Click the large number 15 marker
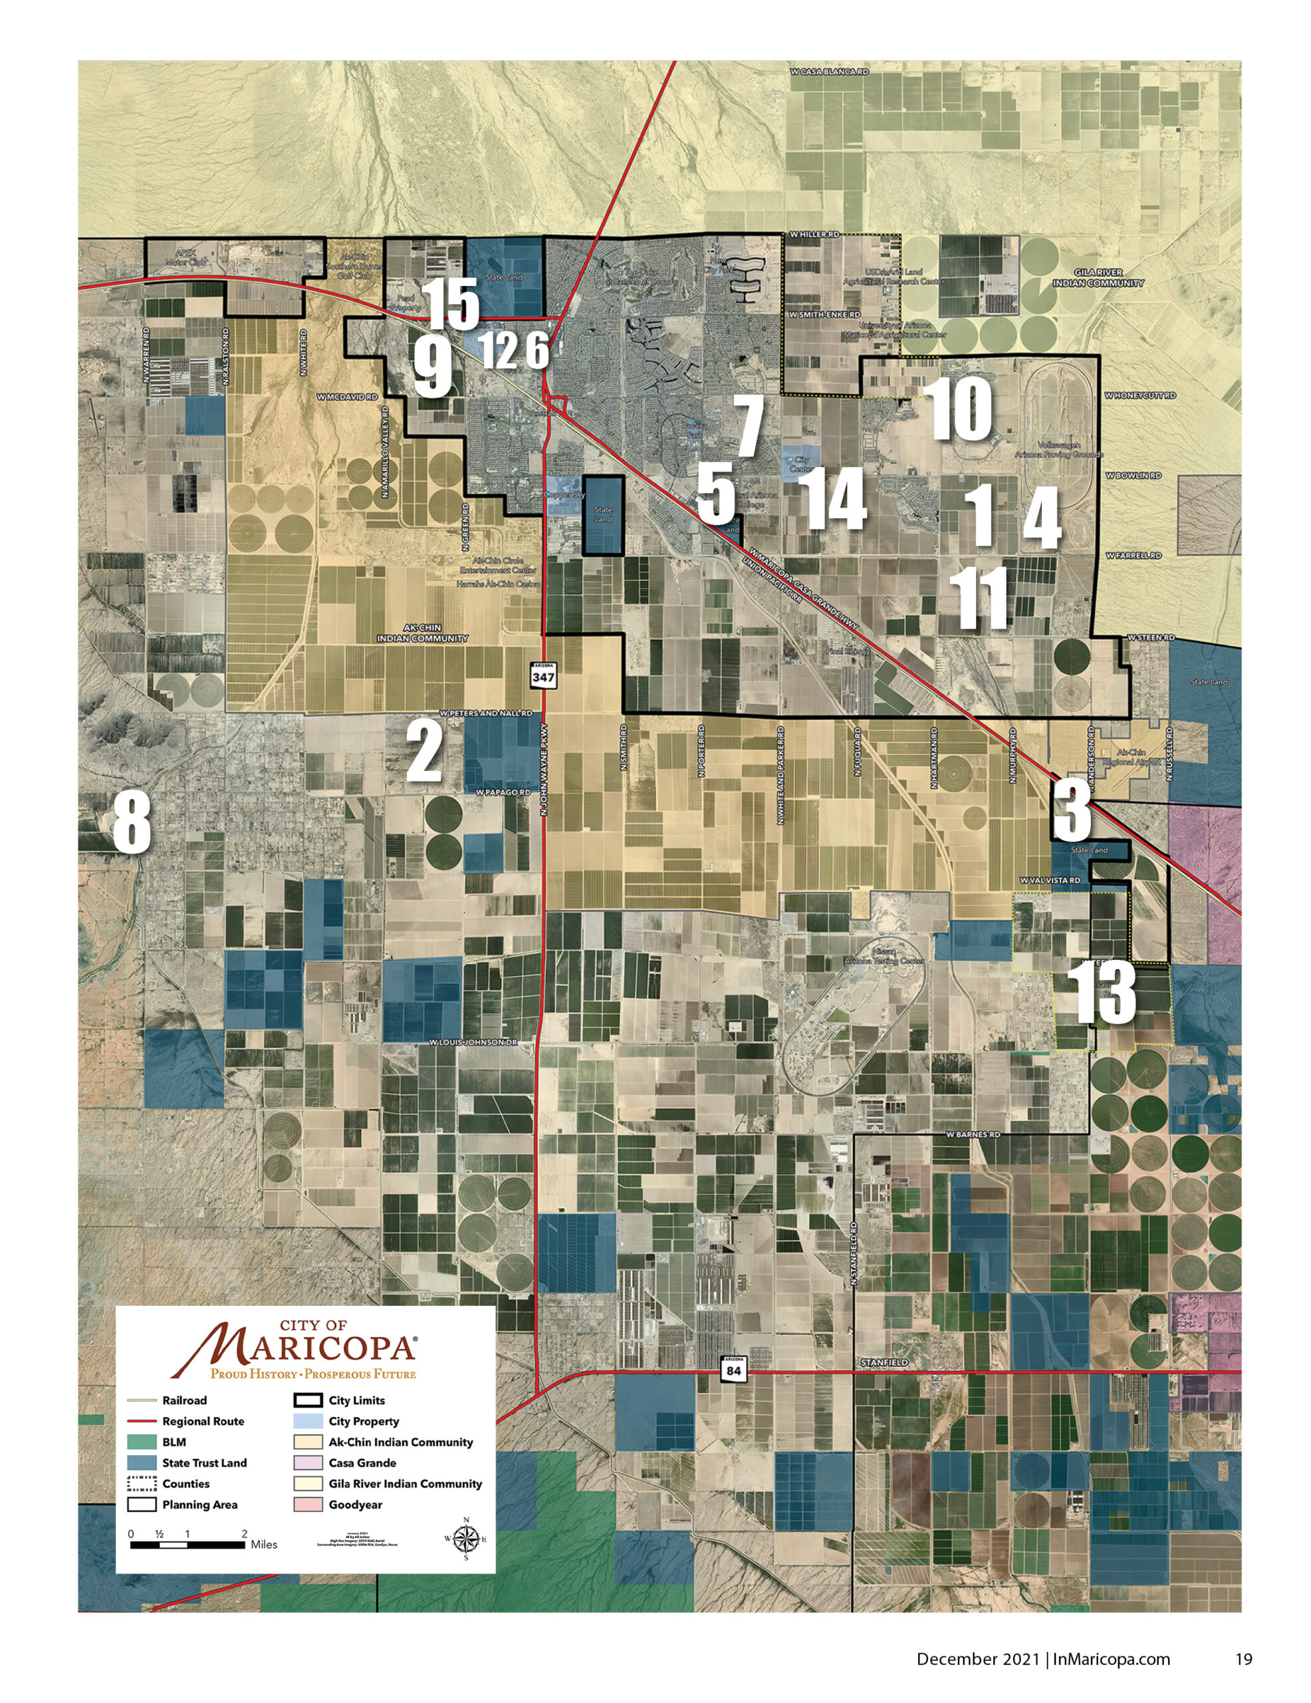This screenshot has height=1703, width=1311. (x=451, y=304)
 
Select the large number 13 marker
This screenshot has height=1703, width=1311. (x=1105, y=993)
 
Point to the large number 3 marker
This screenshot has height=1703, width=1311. (x=1072, y=811)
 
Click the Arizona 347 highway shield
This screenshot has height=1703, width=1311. (x=543, y=675)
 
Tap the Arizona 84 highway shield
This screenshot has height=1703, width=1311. (x=733, y=1369)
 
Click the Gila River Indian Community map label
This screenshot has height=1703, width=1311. (x=1098, y=277)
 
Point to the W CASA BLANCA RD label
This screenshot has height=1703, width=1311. (x=828, y=72)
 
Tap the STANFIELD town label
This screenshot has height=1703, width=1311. (x=884, y=1362)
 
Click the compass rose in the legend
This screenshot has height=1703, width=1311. (x=466, y=1539)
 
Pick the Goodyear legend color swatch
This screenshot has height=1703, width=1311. (x=308, y=1505)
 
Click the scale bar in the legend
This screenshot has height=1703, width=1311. (x=187, y=1545)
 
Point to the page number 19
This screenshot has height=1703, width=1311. (x=1243, y=1659)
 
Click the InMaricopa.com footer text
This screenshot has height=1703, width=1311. (x=1111, y=1659)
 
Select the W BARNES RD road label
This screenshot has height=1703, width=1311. (x=972, y=1134)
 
